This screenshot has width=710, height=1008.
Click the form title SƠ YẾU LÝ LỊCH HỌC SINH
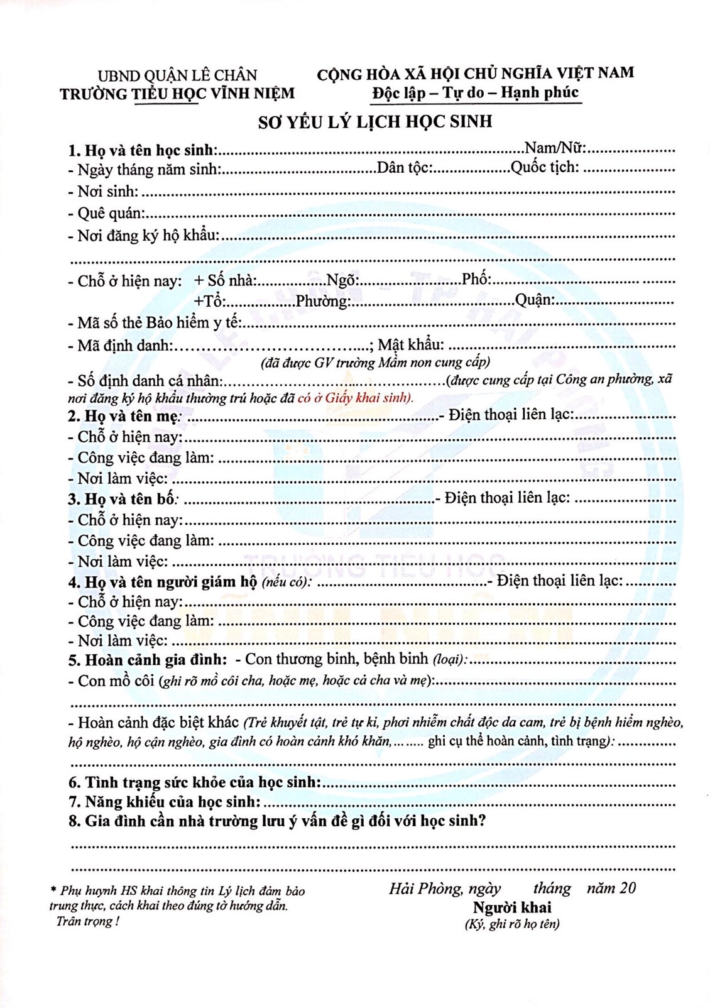click(375, 121)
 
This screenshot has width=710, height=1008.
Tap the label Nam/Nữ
click(554, 148)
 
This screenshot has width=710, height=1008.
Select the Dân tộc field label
click(404, 168)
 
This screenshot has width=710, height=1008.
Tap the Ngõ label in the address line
click(342, 280)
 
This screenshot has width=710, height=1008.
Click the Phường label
click(323, 301)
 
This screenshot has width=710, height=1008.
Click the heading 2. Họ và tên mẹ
click(124, 416)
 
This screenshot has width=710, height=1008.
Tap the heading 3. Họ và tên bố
click(123, 499)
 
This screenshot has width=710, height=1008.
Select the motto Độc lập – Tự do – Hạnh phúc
click(475, 93)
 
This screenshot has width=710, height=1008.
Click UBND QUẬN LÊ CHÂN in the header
click(177, 75)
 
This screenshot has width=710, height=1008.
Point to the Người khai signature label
click(512, 907)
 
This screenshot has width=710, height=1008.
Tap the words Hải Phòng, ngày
click(445, 888)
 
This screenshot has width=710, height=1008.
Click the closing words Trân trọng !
click(87, 921)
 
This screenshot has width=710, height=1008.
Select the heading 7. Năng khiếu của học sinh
click(165, 802)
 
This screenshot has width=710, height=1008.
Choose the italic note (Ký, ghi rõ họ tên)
click(512, 924)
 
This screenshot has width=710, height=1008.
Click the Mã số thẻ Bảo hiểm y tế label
click(155, 323)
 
